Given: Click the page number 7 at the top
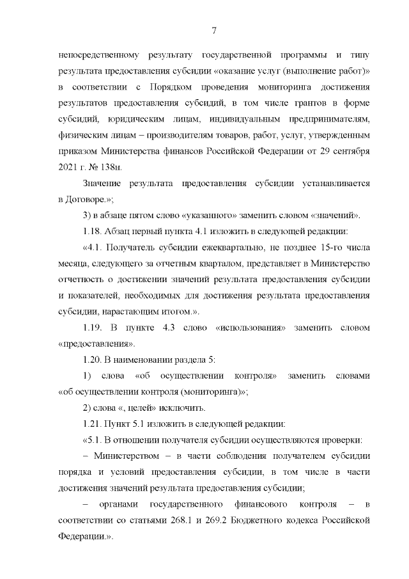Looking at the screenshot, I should click(214, 31).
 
